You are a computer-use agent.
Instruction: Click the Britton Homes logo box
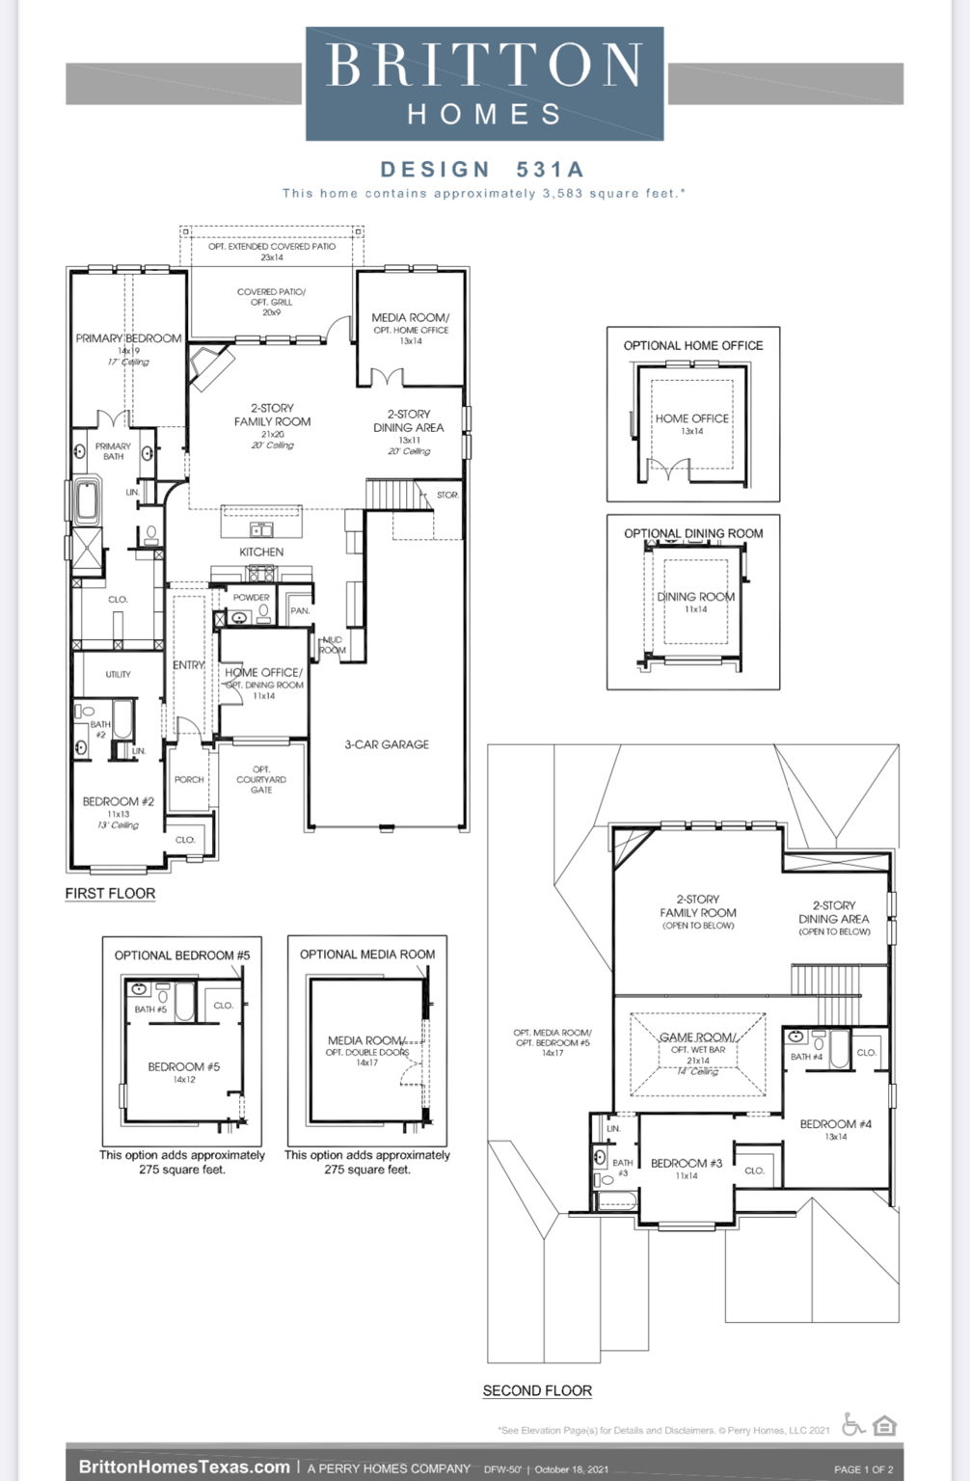[484, 84]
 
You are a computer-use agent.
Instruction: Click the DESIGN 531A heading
[482, 170]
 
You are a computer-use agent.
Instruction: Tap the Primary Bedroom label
[128, 338]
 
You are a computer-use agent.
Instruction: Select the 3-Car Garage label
[387, 744]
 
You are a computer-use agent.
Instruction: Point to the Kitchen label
[261, 552]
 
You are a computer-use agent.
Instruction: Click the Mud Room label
[332, 645]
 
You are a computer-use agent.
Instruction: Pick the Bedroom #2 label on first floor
[118, 801]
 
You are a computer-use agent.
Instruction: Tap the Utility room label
[118, 674]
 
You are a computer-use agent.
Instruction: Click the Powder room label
[251, 598]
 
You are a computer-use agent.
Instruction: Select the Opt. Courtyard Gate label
[261, 779]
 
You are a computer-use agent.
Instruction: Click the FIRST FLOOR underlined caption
[110, 894]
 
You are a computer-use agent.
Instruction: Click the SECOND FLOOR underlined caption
[537, 1390]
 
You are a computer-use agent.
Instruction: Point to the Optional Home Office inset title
[692, 345]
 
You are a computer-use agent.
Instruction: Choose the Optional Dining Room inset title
[692, 533]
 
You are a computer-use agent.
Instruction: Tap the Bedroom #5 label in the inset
[183, 1066]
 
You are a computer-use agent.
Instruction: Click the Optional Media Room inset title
[366, 955]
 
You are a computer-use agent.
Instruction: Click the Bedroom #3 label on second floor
[686, 1163]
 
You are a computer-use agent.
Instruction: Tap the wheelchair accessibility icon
[853, 1424]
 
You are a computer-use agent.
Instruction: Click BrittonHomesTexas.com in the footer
[183, 1467]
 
